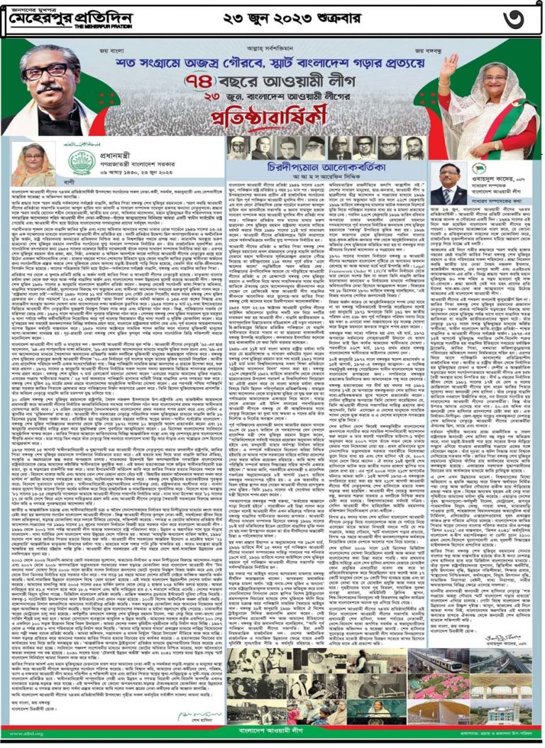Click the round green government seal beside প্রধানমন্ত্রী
pyautogui.click(x=79, y=162)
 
